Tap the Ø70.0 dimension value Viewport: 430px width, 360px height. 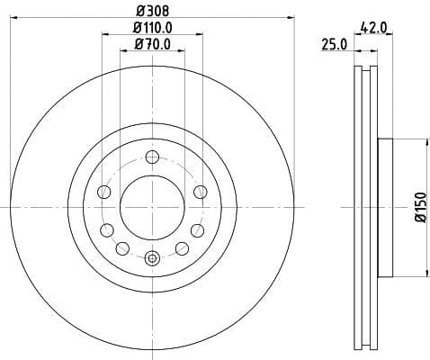click(x=152, y=44)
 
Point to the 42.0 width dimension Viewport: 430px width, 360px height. click(x=373, y=28)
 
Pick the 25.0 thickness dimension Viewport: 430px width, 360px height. click(x=334, y=45)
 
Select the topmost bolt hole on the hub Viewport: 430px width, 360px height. click(x=152, y=156)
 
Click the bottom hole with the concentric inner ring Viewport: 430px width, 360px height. click(x=152, y=259)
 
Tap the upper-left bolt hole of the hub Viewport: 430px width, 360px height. click(x=104, y=191)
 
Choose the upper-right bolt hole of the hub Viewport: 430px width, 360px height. click(x=200, y=191)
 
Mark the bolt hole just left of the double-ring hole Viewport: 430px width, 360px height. click(x=122, y=247)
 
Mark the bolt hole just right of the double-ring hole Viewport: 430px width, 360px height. click(x=182, y=247)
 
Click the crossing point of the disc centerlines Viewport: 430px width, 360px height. click(x=152, y=207)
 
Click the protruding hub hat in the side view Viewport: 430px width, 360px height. click(x=386, y=207)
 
